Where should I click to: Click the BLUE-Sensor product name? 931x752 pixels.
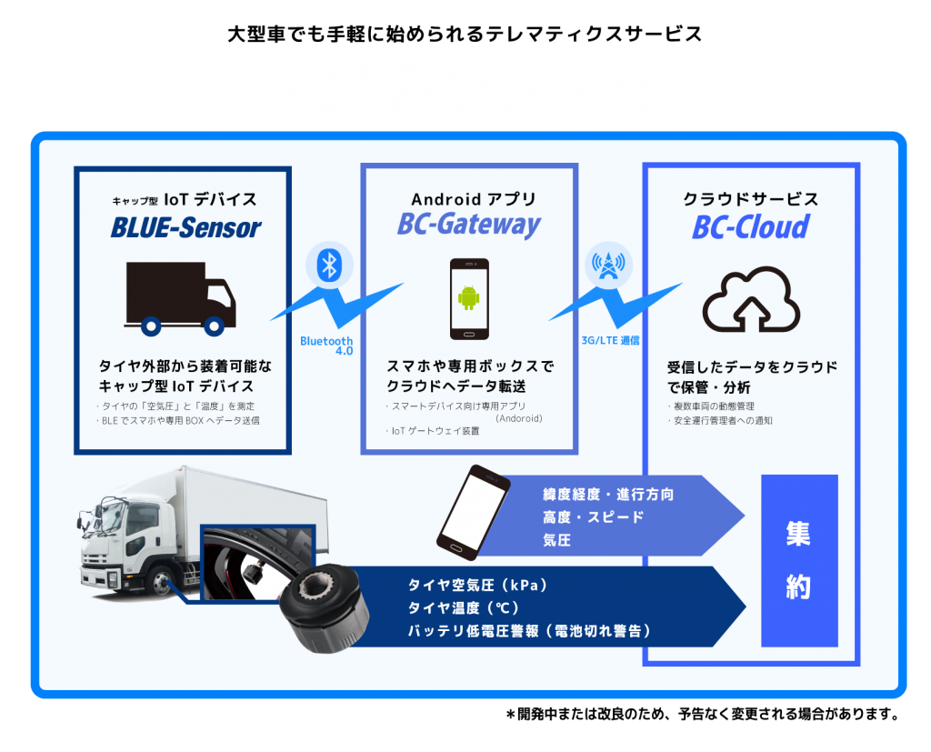click(185, 227)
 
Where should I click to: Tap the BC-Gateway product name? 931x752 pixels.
click(469, 226)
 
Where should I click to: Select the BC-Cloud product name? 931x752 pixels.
click(750, 227)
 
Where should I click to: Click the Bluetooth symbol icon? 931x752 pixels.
click(329, 265)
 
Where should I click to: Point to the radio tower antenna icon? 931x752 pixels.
click(608, 265)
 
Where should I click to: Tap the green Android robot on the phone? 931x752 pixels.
click(469, 297)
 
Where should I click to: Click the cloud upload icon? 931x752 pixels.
click(751, 300)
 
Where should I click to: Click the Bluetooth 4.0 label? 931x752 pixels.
click(326, 346)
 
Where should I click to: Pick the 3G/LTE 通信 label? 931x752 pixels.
click(610, 340)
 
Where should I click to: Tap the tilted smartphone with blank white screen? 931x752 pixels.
click(473, 513)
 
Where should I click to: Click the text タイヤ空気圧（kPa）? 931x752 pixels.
click(478, 585)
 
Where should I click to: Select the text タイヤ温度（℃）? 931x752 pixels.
click(464, 607)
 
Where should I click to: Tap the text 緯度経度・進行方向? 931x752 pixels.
click(608, 494)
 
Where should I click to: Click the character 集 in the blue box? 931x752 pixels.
click(798, 534)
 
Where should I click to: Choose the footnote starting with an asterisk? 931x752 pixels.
click(703, 714)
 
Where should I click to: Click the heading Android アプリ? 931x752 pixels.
click(474, 199)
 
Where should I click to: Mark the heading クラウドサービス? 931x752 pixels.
click(751, 199)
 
